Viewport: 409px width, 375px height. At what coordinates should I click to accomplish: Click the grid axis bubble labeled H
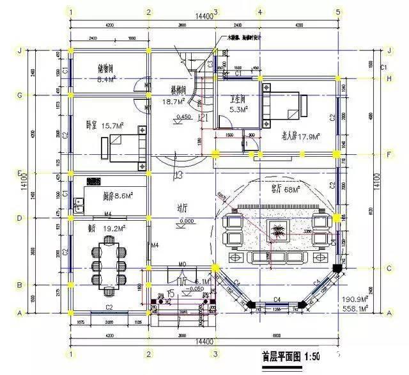[390, 78]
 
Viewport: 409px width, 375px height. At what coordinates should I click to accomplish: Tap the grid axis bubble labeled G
[20, 96]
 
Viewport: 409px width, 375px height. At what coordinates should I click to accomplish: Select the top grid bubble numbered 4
[259, 12]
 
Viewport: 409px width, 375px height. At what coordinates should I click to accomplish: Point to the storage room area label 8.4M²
[105, 80]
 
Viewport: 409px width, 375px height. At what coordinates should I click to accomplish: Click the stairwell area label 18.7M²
[174, 101]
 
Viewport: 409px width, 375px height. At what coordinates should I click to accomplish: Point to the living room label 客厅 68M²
[287, 189]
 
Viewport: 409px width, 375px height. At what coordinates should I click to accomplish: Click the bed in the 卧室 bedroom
[123, 147]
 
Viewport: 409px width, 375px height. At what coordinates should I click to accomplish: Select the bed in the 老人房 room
[284, 107]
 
